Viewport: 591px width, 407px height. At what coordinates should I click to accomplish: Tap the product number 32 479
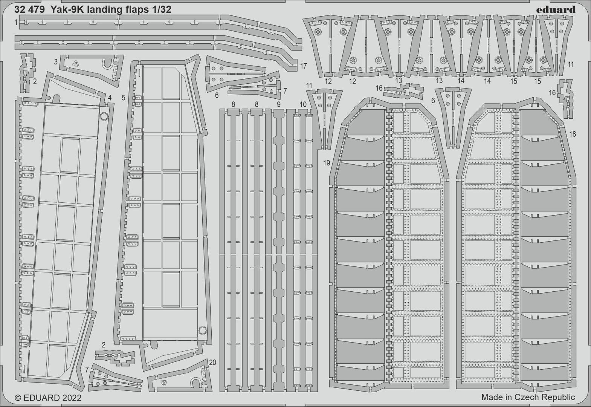click(x=29, y=10)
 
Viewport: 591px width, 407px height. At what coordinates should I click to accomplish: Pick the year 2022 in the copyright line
click(x=72, y=398)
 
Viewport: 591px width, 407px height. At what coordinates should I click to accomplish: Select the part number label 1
click(x=16, y=23)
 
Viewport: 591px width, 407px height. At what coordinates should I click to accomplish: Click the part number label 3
click(x=56, y=62)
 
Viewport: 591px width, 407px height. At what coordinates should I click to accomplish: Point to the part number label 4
click(x=110, y=98)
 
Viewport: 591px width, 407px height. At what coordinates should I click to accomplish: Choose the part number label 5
click(x=124, y=98)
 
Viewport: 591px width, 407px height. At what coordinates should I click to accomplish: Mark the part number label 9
click(x=279, y=104)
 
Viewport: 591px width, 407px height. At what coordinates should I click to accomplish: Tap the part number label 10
click(x=303, y=104)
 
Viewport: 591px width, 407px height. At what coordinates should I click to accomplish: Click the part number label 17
click(x=304, y=66)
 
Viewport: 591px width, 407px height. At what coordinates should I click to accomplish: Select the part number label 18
click(x=573, y=134)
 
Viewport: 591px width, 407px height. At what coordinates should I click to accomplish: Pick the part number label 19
click(x=327, y=163)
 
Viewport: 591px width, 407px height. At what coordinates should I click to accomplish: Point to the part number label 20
click(x=212, y=363)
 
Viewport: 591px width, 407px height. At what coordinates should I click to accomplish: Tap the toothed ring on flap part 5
click(x=202, y=330)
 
